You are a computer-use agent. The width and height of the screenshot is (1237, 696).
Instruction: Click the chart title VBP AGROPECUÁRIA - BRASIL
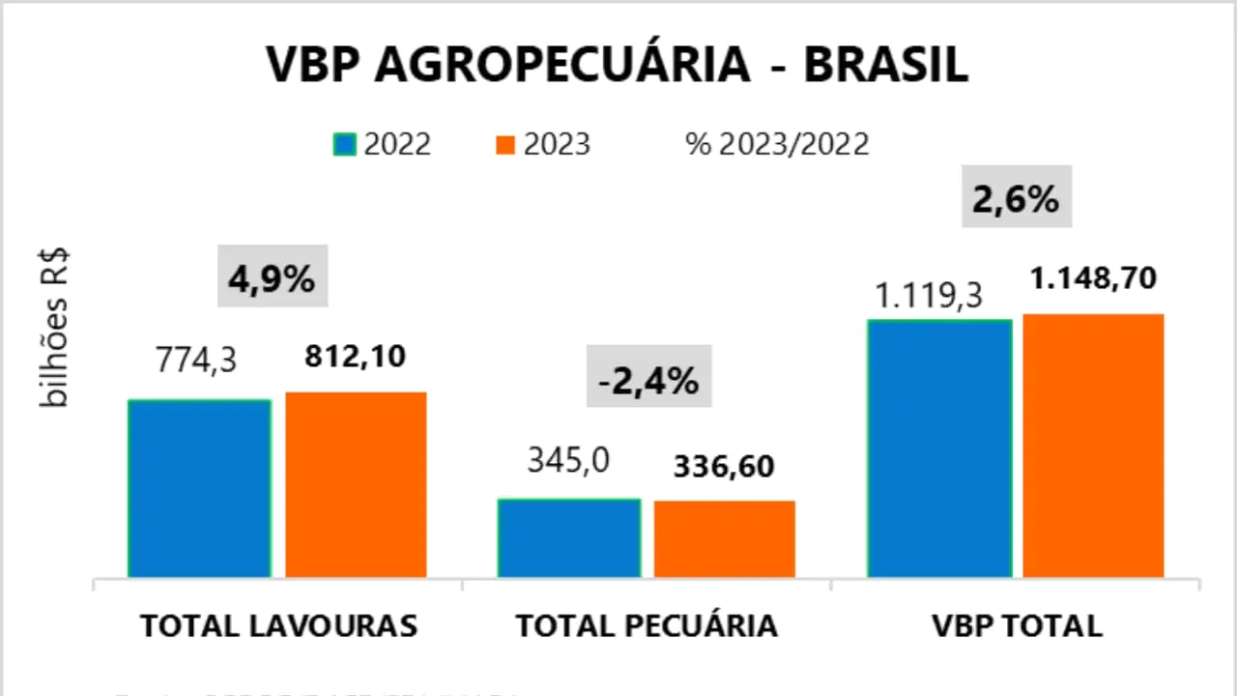[x=618, y=64]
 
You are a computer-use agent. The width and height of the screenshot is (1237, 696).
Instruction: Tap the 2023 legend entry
[x=542, y=144]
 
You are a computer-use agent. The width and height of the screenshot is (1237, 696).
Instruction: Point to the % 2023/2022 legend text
[x=777, y=144]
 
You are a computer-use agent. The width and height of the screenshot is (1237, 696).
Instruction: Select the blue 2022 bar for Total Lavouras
[x=199, y=488]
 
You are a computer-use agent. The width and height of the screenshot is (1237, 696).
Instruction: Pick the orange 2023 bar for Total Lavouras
[x=356, y=484]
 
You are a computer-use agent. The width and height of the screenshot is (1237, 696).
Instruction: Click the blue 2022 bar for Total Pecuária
[x=569, y=537]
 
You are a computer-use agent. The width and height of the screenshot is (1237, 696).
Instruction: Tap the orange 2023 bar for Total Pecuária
[x=725, y=538]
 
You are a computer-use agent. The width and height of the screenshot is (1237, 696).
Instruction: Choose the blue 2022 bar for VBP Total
[x=939, y=448]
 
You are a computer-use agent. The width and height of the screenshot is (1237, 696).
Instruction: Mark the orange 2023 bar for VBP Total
[x=1094, y=446]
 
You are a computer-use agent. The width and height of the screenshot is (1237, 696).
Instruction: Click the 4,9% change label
[x=272, y=280]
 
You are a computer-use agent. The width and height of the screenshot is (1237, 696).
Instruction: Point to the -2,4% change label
[x=648, y=382]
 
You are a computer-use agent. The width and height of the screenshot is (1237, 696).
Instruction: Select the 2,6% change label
[x=1016, y=201]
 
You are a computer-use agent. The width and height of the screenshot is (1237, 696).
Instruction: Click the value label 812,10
[x=356, y=357]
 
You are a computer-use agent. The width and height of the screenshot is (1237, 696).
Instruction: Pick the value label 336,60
[x=725, y=466]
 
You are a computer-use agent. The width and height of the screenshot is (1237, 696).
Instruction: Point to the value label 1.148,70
[x=1093, y=279]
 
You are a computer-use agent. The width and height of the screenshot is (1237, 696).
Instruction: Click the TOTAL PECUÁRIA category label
[x=647, y=625]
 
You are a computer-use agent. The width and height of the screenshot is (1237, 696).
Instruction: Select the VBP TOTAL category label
[x=1017, y=625]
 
